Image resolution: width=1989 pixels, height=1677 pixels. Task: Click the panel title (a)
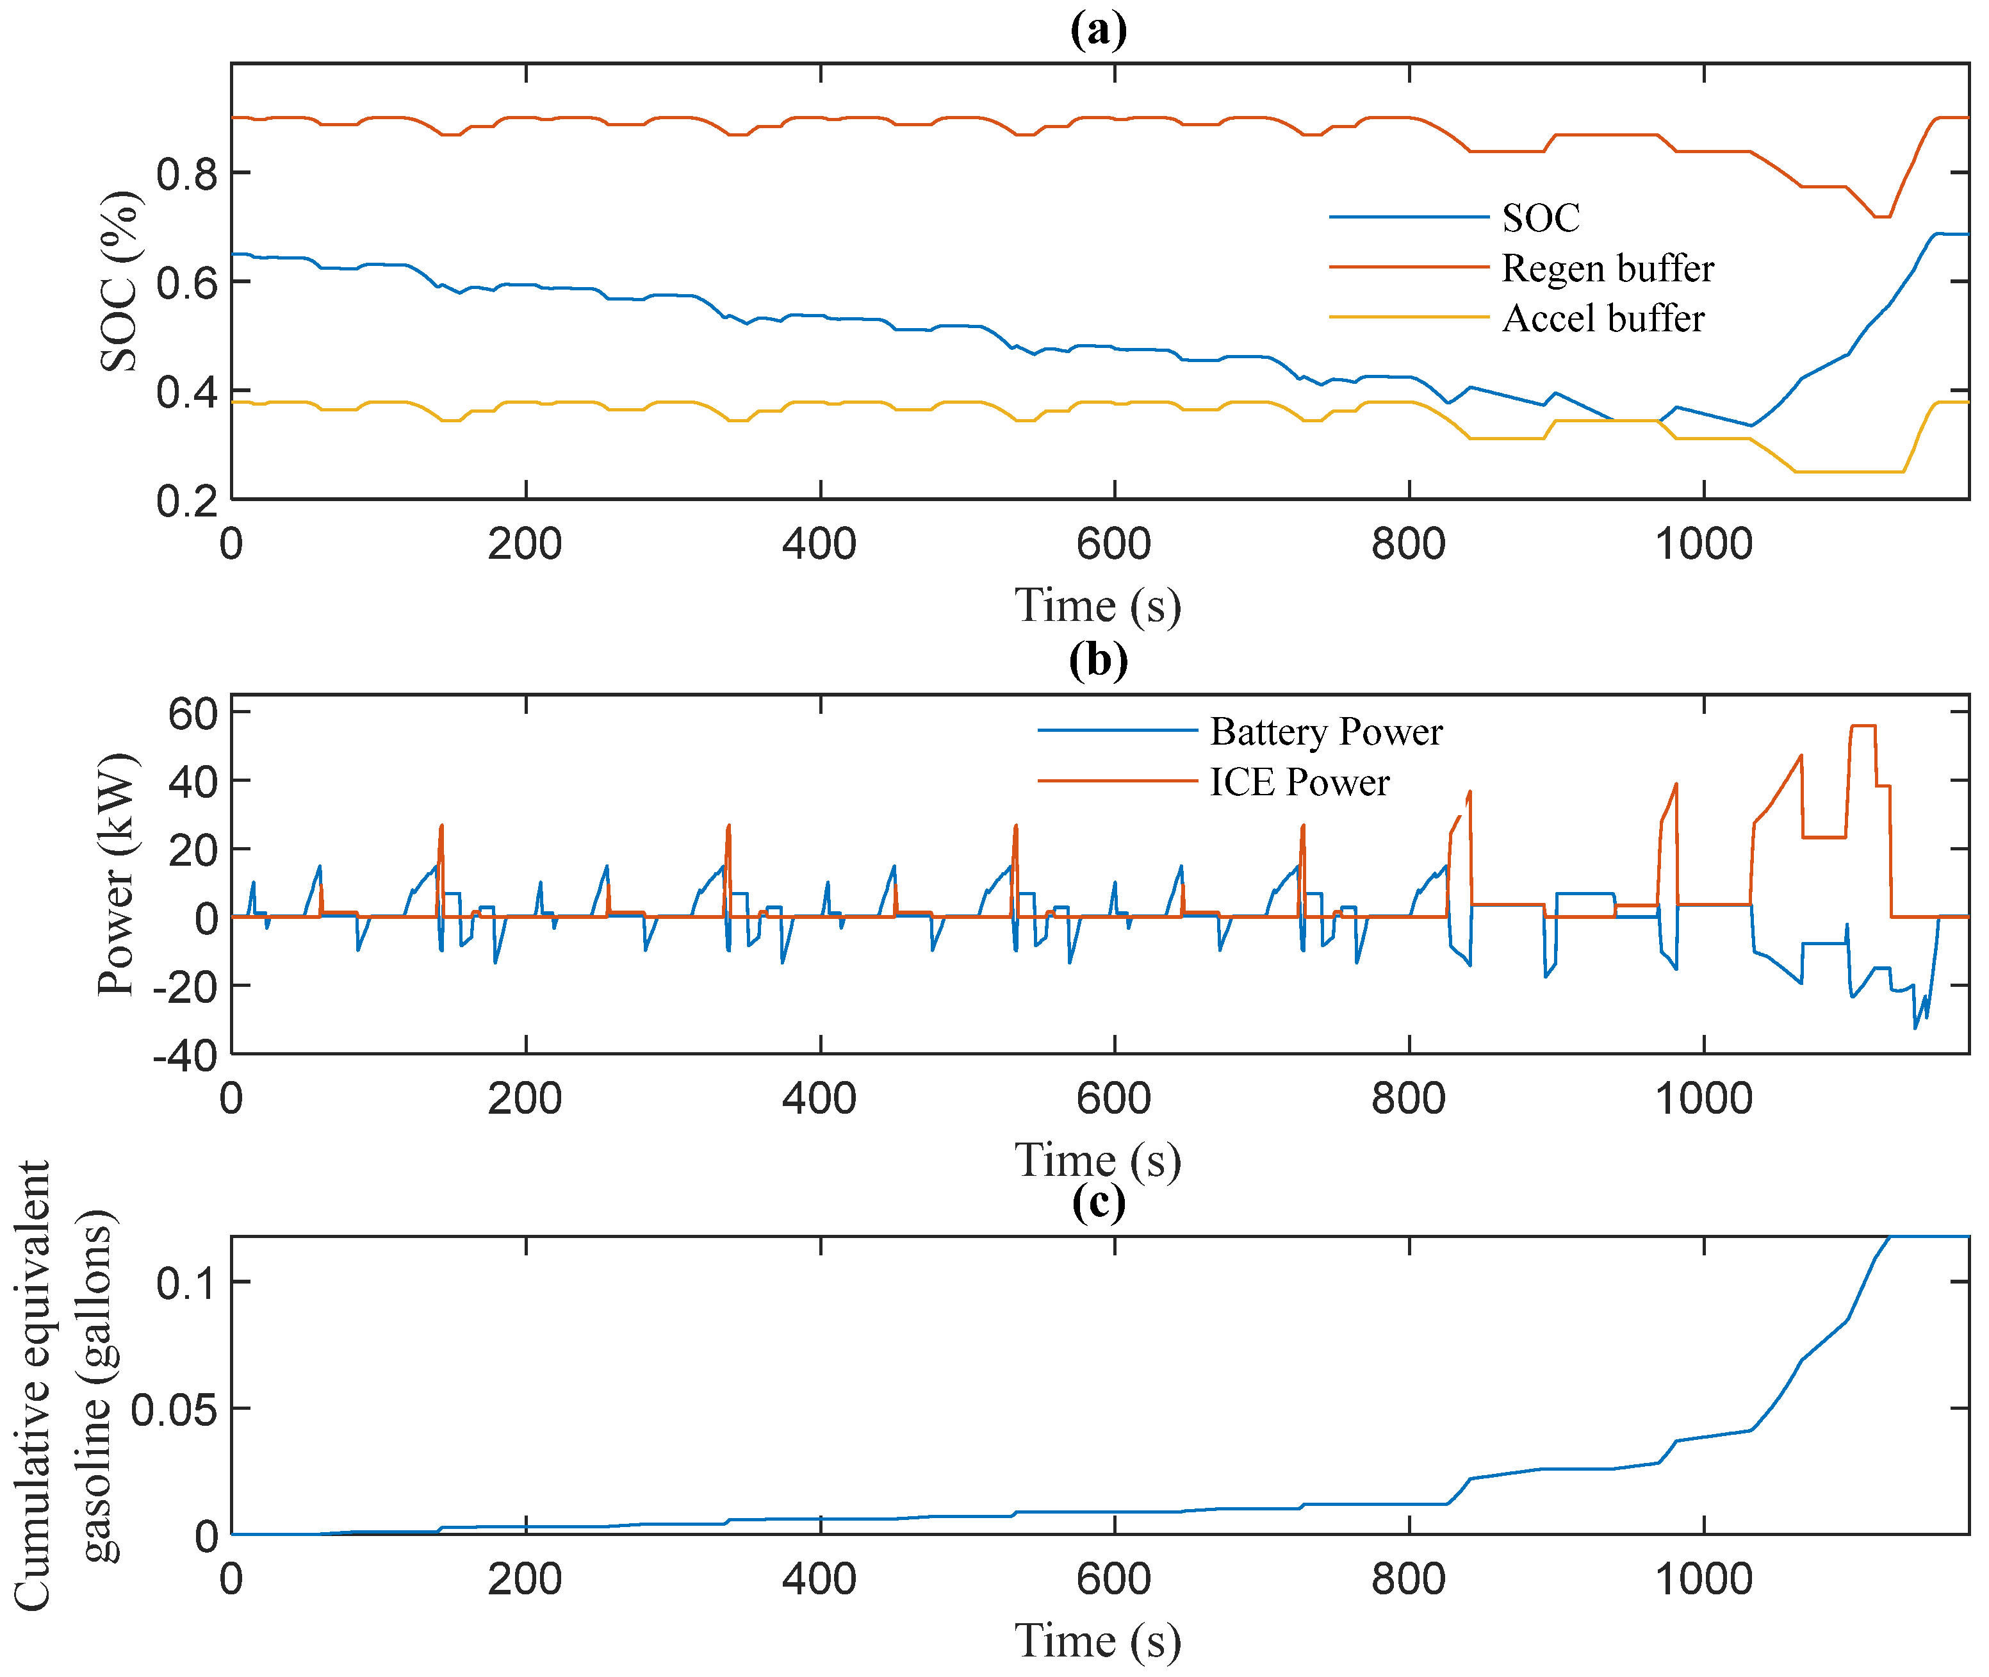pos(1099,29)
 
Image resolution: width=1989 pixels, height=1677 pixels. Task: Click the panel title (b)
pos(1099,660)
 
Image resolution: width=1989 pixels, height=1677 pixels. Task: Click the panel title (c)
pos(1099,1202)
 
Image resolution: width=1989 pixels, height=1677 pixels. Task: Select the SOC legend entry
pos(1539,218)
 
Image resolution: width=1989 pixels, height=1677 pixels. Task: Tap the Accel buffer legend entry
pos(1602,318)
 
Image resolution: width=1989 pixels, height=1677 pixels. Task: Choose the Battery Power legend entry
pos(1326,732)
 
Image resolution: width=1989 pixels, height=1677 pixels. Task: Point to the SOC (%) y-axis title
pos(120,281)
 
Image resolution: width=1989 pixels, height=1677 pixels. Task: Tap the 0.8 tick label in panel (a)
pos(187,174)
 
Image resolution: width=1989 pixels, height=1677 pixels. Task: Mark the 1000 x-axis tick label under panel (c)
pos(1703,1578)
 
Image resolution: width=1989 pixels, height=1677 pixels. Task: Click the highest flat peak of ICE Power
pos(1863,726)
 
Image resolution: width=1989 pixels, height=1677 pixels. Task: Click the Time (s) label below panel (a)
pos(1099,606)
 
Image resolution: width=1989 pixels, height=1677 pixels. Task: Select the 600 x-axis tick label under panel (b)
pos(1114,1099)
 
